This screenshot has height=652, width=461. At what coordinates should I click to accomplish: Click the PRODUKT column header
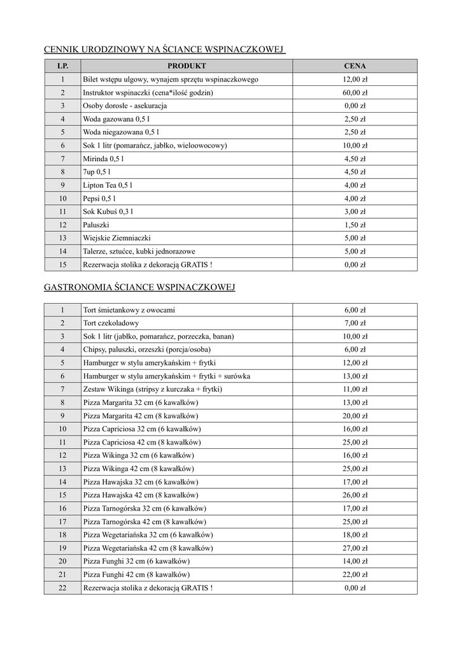[187, 66]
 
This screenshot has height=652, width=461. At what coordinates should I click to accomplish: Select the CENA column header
[355, 66]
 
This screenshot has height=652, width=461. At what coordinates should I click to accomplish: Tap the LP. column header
[62, 66]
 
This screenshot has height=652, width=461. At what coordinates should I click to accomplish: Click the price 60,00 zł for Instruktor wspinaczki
[355, 93]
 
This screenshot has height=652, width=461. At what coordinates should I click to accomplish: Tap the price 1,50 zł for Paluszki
[355, 225]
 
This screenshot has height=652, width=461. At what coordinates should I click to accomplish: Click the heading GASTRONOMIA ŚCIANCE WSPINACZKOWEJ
[139, 288]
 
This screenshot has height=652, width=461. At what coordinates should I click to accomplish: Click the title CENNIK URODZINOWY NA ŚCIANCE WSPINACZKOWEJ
[163, 49]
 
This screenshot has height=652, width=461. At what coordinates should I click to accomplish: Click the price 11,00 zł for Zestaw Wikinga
[355, 389]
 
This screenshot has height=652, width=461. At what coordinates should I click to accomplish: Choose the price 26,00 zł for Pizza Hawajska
[355, 495]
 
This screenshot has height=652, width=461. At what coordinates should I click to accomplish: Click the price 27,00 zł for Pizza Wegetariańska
[355, 548]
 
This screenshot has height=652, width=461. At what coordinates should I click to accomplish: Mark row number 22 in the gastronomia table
[62, 588]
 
